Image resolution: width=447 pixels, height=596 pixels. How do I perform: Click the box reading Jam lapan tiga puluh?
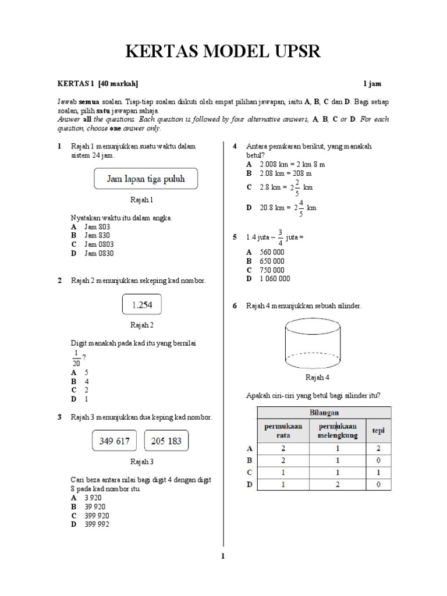tap(146, 179)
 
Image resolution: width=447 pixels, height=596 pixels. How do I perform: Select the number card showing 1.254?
tap(142, 304)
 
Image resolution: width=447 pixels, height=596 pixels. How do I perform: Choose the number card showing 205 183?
tap(166, 441)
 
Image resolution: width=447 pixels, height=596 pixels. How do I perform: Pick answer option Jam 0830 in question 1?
tap(99, 253)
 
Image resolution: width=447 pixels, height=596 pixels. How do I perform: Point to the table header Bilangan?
tap(324, 412)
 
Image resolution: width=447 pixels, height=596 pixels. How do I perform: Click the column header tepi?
tap(378, 431)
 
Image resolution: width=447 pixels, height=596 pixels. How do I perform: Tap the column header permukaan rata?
tap(283, 431)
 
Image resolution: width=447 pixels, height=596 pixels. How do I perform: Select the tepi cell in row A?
tap(378, 449)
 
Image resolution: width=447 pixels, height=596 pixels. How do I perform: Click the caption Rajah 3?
tap(141, 462)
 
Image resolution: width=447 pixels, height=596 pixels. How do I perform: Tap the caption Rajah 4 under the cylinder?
tap(318, 378)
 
